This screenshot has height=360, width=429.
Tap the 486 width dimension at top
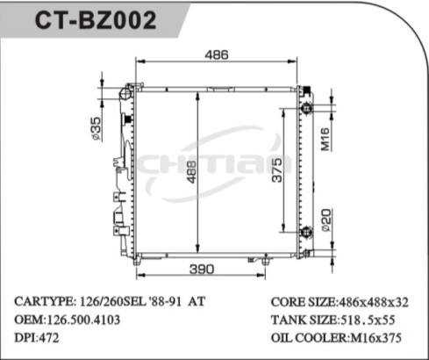[x=216, y=55]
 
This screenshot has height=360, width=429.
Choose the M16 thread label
[x=324, y=137]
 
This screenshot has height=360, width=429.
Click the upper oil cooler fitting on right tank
[x=306, y=108]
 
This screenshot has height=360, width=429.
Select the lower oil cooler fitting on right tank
[x=306, y=232]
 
